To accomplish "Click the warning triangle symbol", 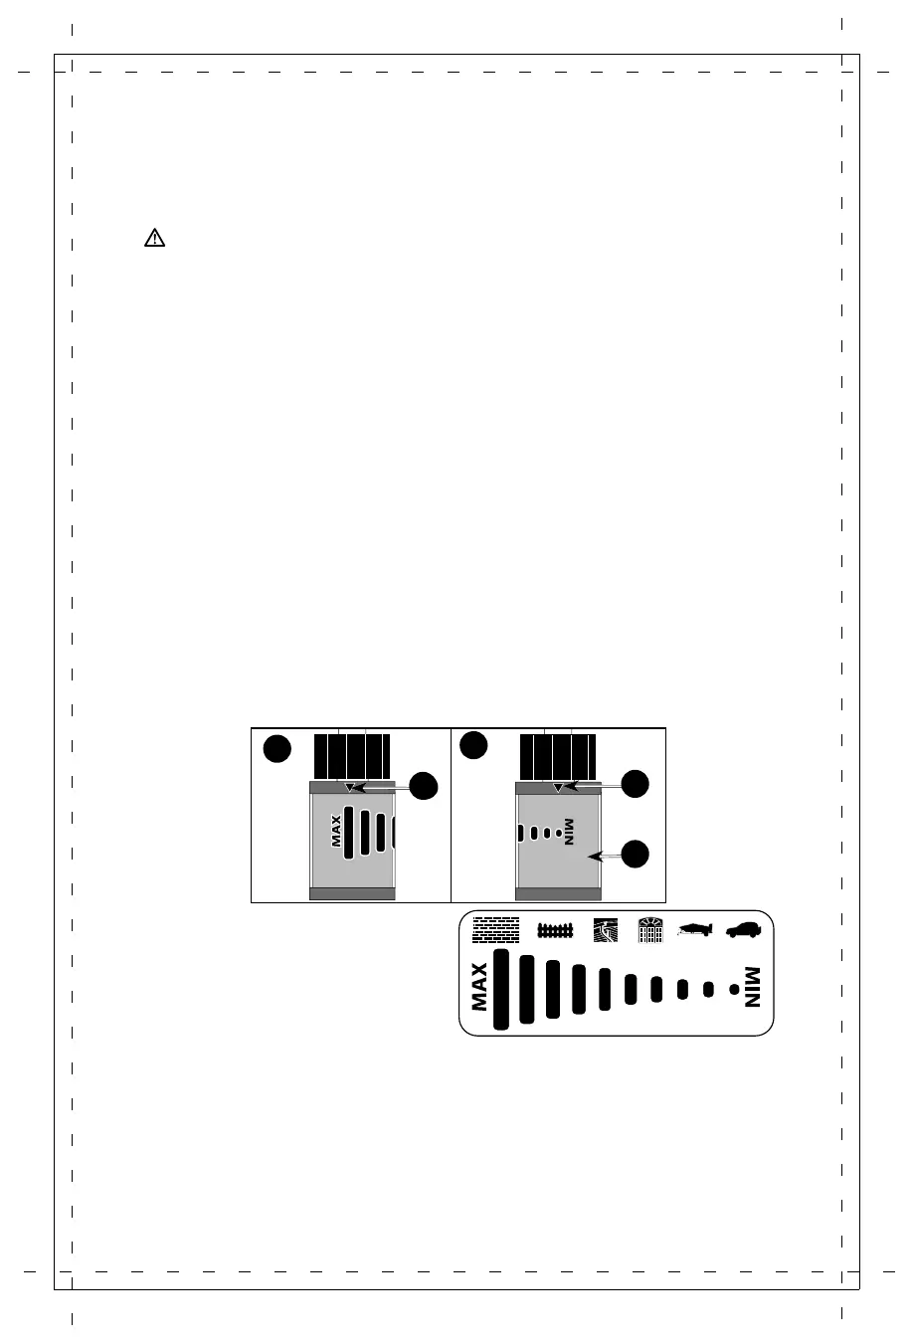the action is (154, 238).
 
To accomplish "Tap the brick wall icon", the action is (495, 929).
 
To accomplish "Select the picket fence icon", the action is (556, 930).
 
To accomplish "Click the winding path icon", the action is (605, 929).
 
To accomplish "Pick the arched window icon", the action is (650, 929).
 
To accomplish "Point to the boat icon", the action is (696, 929).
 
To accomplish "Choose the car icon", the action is (743, 929).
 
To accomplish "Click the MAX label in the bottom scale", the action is (479, 987).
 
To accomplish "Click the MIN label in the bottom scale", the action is (752, 987).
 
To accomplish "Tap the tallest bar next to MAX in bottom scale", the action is (501, 989).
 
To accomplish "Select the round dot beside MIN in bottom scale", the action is (733, 989).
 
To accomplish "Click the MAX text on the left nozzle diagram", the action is (336, 832).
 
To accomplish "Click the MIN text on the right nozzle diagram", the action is (569, 832).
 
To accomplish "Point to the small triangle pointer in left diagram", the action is (349, 787).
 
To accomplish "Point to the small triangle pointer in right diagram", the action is (558, 787).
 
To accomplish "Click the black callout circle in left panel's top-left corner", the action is (277, 749).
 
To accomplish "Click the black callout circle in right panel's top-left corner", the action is (473, 744).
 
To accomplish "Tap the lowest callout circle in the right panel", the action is (636, 853).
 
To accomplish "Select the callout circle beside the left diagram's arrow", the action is (425, 785).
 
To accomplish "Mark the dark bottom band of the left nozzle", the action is (353, 893).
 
